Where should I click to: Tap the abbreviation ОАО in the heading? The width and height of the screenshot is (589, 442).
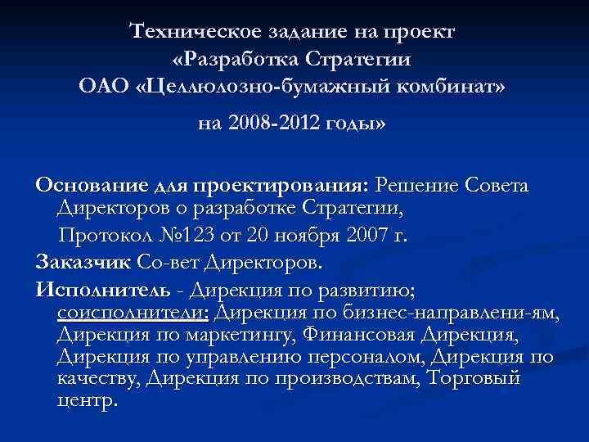point(104,86)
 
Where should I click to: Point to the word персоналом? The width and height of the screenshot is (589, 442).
point(367,358)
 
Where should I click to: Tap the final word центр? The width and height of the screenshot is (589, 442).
point(88,402)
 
